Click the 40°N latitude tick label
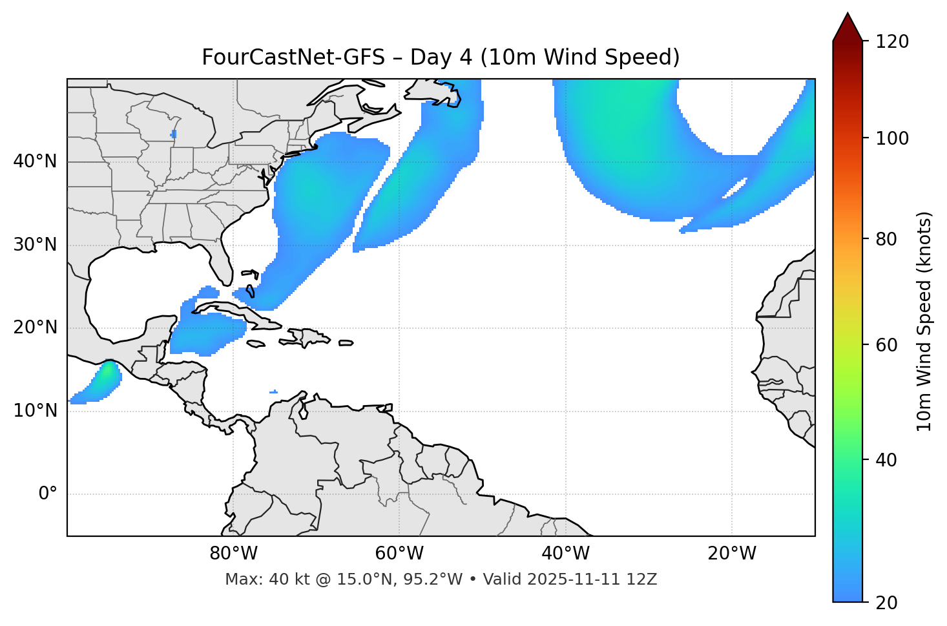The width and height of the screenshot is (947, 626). coord(35,162)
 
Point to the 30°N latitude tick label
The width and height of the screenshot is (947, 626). coord(35,245)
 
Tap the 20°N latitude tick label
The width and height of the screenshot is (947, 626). coord(35,328)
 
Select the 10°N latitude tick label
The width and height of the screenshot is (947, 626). coord(35,411)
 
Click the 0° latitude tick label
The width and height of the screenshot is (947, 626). coord(48,494)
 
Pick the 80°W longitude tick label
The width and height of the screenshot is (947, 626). coord(233,554)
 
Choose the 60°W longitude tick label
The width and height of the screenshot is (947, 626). coord(399,554)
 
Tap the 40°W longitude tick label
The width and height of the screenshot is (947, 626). coord(565,554)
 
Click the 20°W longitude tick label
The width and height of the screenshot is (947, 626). coord(732,554)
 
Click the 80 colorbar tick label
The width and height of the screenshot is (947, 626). coord(890,239)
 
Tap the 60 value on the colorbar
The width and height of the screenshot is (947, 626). coord(890,345)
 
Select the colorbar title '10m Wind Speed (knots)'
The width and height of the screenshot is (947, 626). coord(924,321)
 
